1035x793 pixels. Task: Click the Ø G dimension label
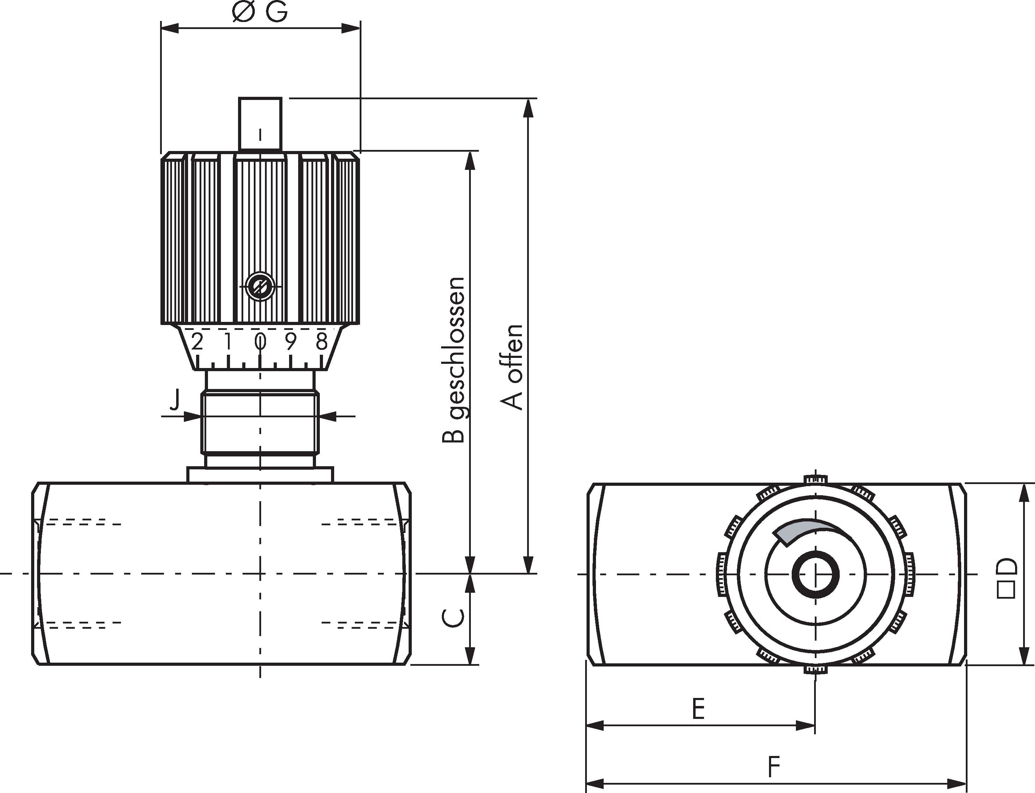pyautogui.click(x=260, y=13)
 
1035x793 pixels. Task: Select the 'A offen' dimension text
pyautogui.click(x=512, y=367)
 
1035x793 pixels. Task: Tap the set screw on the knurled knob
pyautogui.click(x=260, y=286)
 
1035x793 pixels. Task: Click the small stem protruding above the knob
pyautogui.click(x=260, y=124)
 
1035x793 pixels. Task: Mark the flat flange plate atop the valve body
pyautogui.click(x=260, y=474)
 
